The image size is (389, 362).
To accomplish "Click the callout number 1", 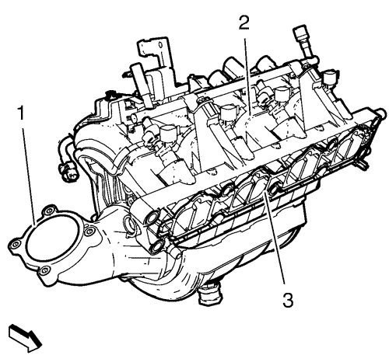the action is tap(21, 113).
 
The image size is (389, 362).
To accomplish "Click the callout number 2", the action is tap(244, 23).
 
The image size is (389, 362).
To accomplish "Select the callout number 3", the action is tap(288, 300).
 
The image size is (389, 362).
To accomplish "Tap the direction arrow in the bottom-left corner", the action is tap(25, 339).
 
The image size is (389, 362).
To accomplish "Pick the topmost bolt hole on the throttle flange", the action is tap(50, 211).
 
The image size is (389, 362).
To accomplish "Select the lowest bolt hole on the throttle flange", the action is tap(44, 271).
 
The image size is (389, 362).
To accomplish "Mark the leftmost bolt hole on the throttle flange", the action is tap(16, 244).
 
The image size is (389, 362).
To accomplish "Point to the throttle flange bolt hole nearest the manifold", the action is tap(89, 231).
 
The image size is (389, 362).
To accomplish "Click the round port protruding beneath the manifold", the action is tap(210, 295).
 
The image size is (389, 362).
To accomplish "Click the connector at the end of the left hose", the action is tap(67, 172).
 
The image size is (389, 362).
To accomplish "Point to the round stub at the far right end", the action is tap(380, 113).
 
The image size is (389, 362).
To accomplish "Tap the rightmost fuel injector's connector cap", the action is tap(330, 75).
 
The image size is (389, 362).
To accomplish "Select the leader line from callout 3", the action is tap(274, 238).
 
